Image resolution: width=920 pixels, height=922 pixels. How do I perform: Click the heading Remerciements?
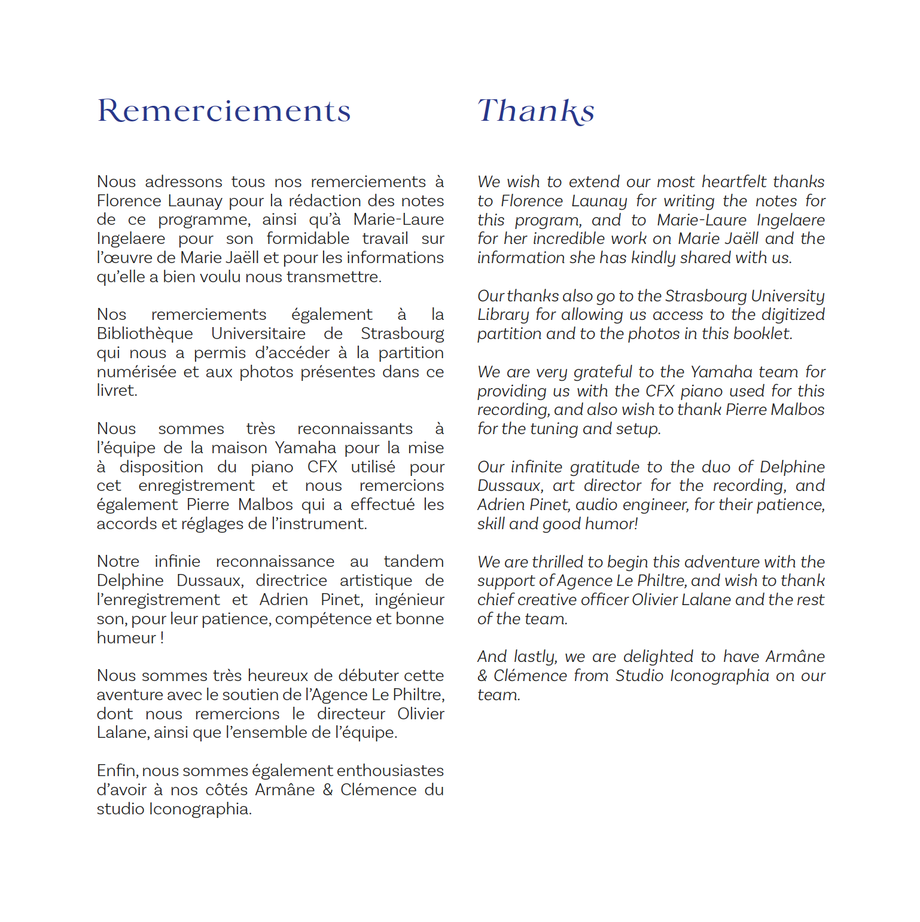224,111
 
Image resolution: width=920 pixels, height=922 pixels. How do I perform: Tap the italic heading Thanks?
535,111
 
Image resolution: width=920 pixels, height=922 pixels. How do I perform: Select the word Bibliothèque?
145,334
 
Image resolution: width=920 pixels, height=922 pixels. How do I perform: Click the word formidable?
307,239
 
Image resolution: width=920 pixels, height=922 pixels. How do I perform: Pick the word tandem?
413,561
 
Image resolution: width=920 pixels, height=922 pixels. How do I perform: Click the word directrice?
291,581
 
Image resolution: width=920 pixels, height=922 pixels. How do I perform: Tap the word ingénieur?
409,600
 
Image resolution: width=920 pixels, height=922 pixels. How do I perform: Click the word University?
787,296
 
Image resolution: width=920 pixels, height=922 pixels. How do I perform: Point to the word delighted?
657,657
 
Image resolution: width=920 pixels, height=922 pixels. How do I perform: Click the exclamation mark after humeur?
162,638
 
